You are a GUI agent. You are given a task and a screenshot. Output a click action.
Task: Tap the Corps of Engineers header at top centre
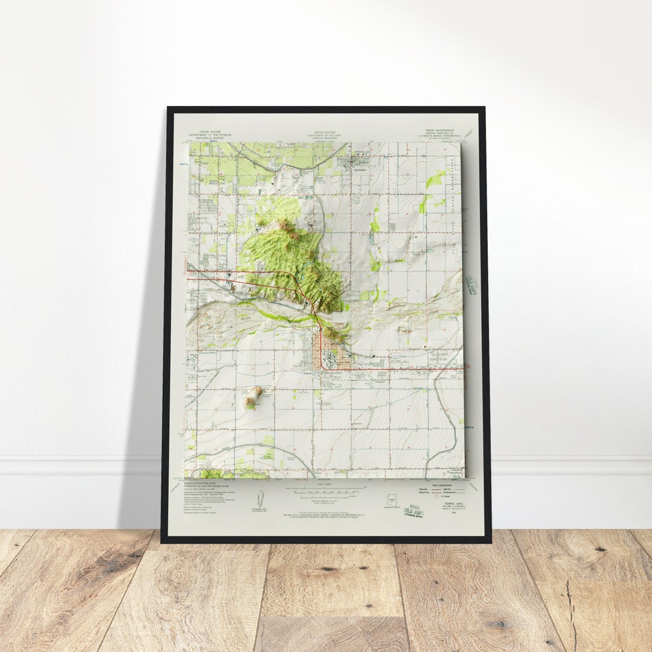(x=325, y=133)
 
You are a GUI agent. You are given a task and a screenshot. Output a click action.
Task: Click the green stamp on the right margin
(x=471, y=285)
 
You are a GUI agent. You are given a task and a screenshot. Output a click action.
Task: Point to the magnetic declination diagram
(x=261, y=499)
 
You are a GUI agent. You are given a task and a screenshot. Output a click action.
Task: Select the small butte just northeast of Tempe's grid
(x=331, y=333)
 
